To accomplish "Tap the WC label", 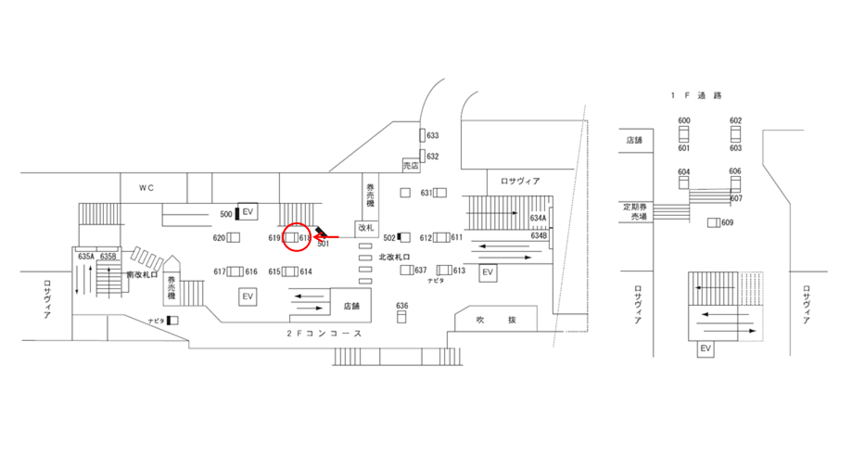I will pos(146,187).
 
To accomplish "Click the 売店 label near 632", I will pos(411,165).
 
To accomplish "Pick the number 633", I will pos(432,135).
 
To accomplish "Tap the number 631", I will pos(426,193).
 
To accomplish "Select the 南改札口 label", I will pos(143,275).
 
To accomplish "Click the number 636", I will pos(401,305).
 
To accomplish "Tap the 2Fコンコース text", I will pos(324,333).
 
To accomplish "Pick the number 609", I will pos(727,222).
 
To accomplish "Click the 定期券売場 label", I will pos(635,210).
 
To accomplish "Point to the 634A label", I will pos(539,219).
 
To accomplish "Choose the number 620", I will pos(219,238).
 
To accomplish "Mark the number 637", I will pos(421,271).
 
